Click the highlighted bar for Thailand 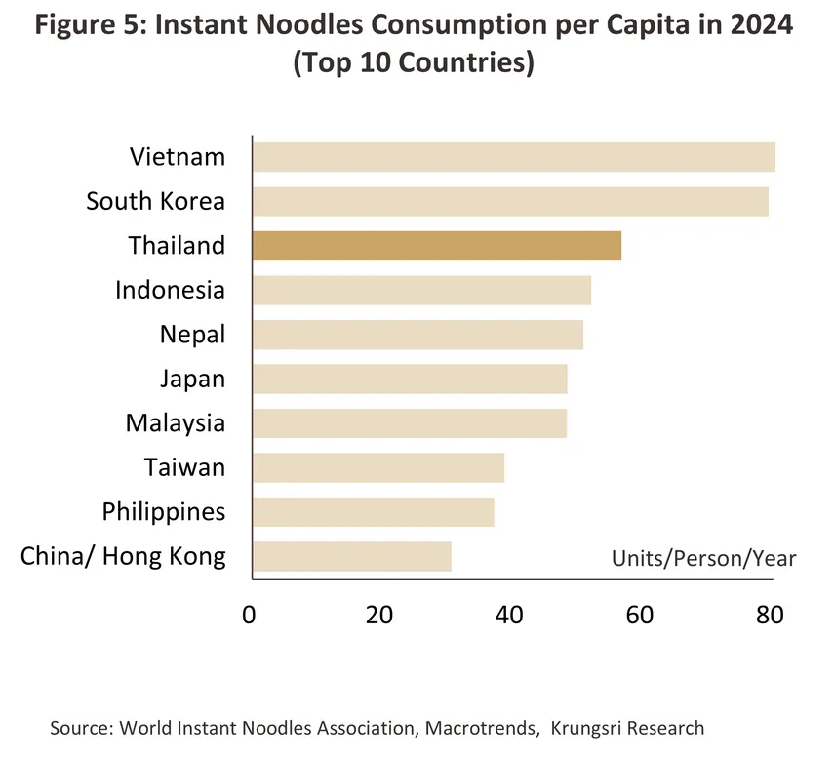[436, 246]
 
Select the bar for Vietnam [513, 157]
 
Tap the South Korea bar [510, 201]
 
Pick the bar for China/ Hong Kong [351, 557]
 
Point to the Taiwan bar [378, 468]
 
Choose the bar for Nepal [417, 335]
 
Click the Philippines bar [373, 512]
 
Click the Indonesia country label [170, 290]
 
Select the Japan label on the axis [192, 379]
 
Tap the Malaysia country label [175, 423]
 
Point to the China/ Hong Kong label [123, 557]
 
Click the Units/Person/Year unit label [703, 559]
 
